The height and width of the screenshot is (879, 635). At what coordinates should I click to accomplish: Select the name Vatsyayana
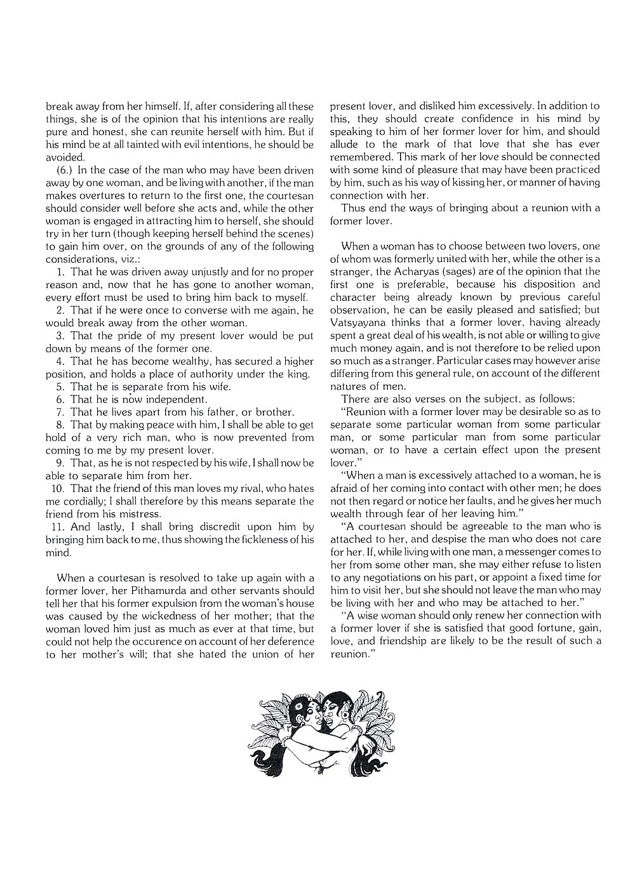pos(358,322)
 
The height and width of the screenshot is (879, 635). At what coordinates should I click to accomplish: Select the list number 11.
pos(56,527)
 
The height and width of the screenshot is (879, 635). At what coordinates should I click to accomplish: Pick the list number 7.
pos(60,412)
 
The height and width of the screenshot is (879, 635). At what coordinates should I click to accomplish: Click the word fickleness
pos(258,539)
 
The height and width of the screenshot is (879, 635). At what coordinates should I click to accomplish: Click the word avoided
pos(64,157)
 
